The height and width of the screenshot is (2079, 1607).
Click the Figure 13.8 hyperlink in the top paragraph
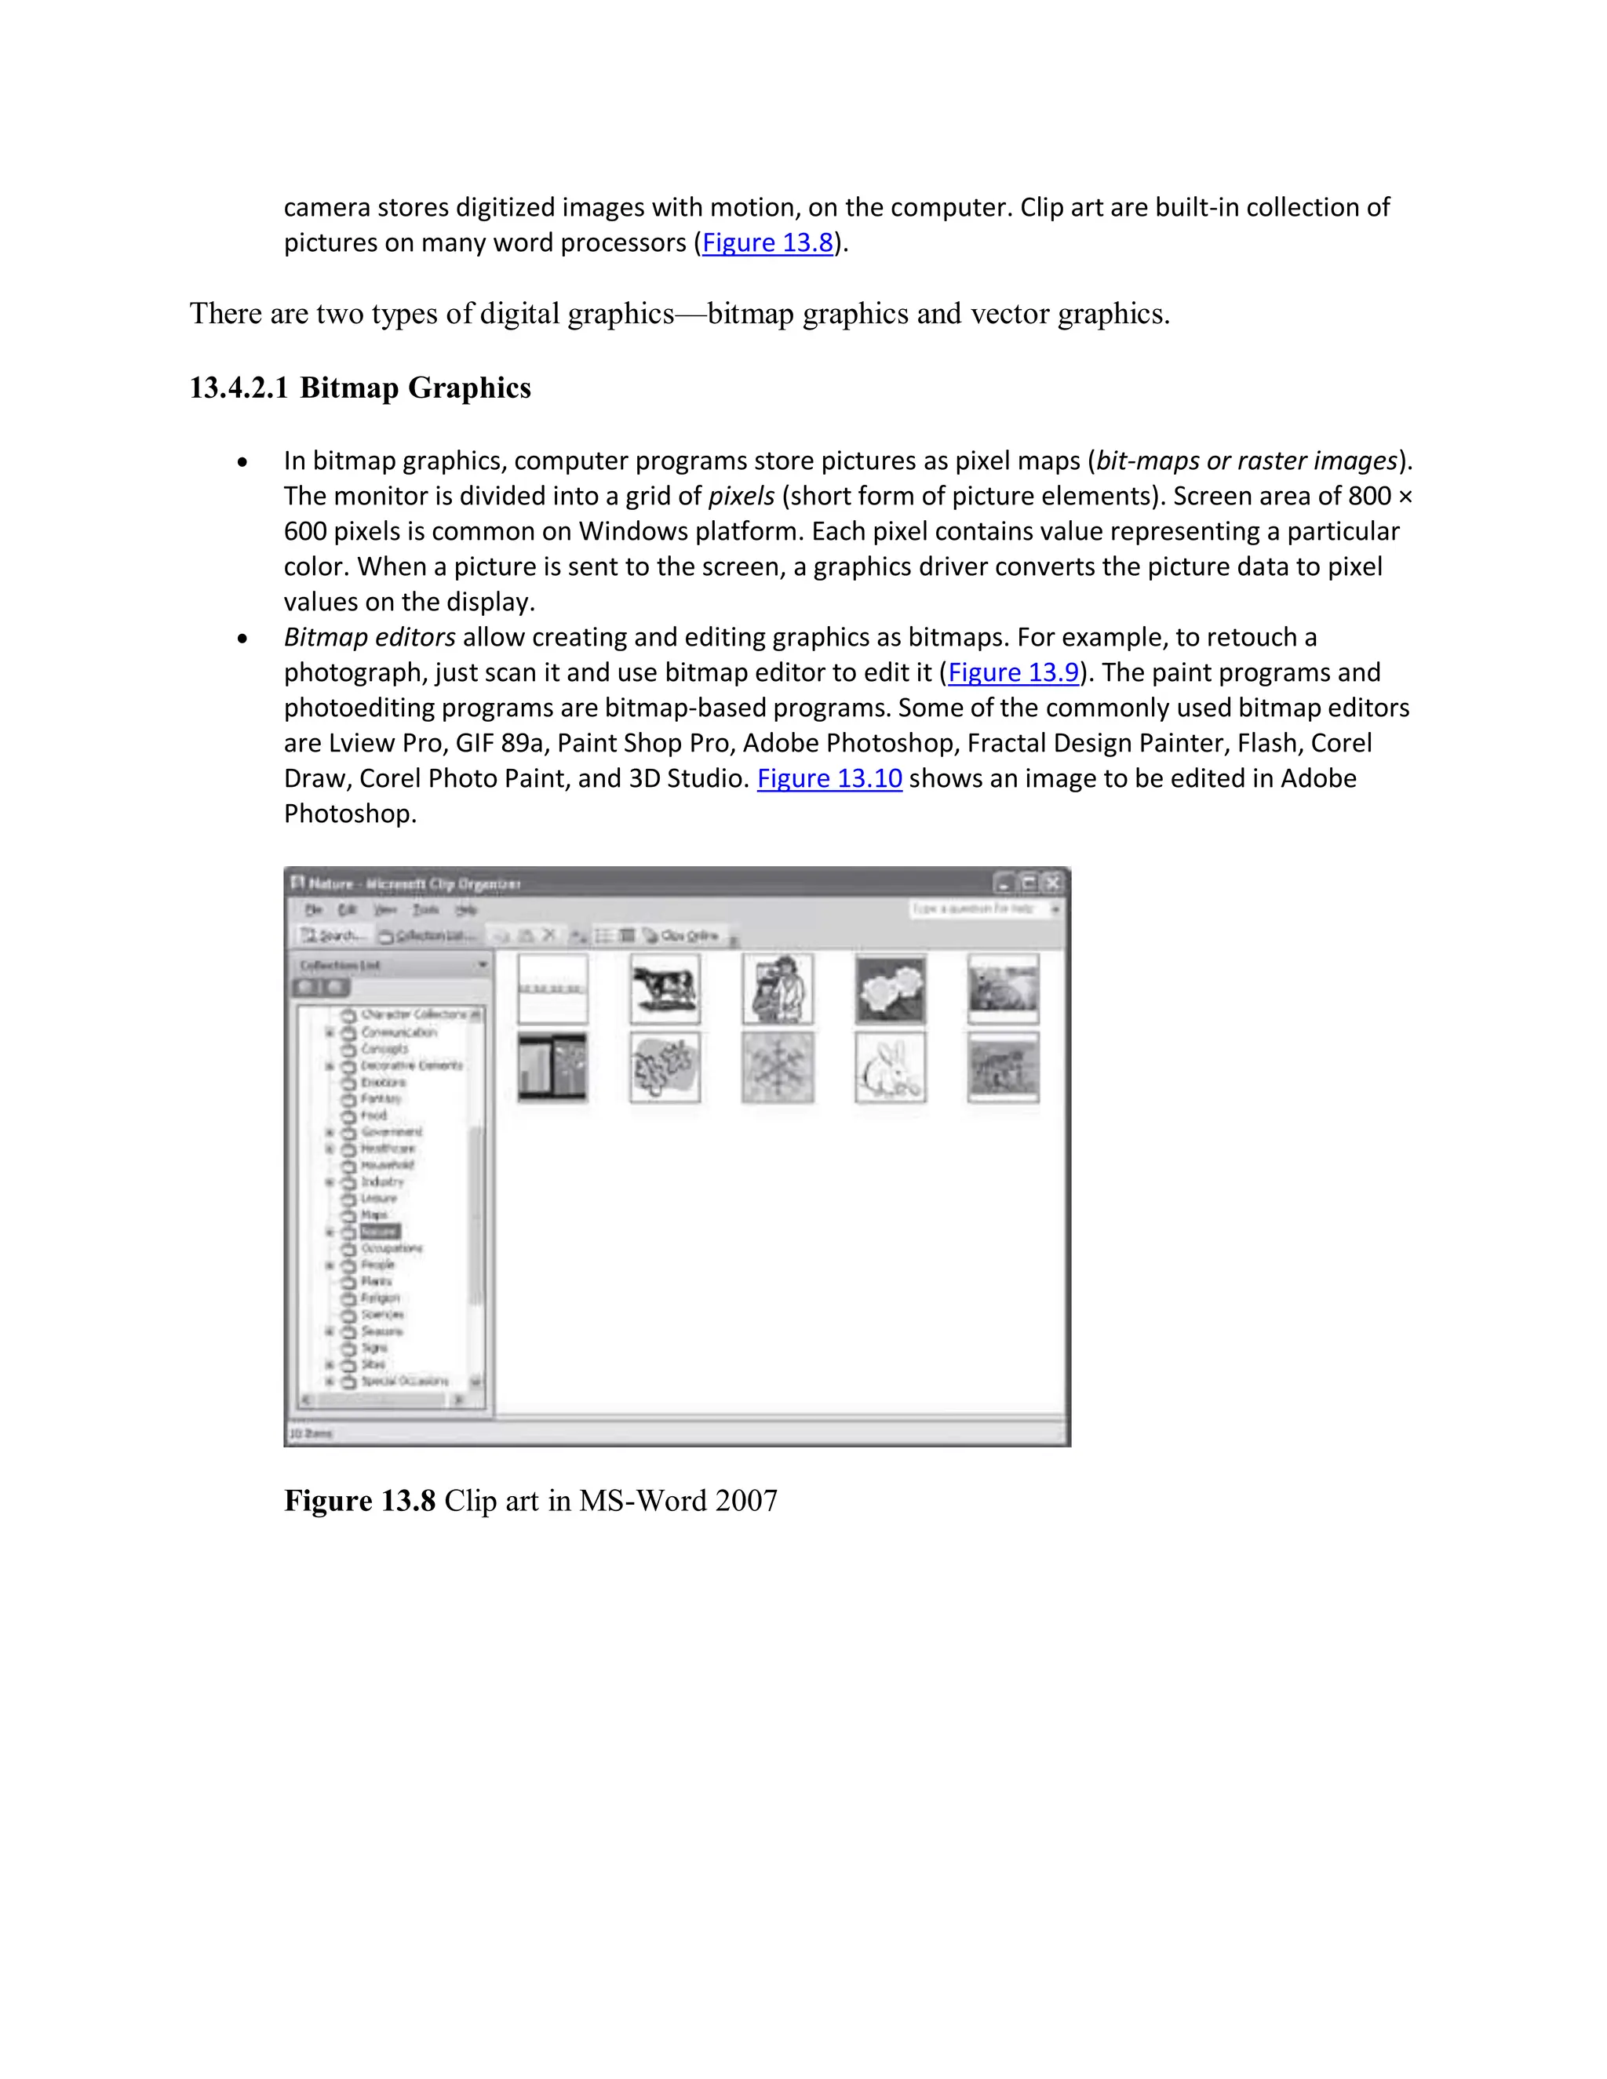(x=767, y=242)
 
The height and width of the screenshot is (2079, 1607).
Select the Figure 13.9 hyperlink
(x=1013, y=673)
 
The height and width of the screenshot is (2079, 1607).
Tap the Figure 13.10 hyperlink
(x=829, y=779)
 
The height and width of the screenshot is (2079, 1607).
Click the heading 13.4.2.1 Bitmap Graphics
(x=360, y=388)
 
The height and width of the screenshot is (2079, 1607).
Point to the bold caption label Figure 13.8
(x=359, y=1501)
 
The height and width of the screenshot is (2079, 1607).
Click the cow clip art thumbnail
(x=665, y=990)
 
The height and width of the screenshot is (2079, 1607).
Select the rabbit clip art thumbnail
(x=890, y=1068)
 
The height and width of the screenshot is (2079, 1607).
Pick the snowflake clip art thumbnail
(x=778, y=1068)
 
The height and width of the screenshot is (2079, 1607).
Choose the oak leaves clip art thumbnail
(x=665, y=1068)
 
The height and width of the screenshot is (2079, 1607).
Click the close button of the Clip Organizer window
(x=1053, y=883)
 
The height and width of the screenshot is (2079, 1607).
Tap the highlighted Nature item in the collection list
(x=379, y=1232)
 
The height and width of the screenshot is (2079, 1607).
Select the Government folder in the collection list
(x=390, y=1132)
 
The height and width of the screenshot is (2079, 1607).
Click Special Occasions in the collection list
(x=403, y=1380)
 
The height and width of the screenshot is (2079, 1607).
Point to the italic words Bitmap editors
(x=370, y=638)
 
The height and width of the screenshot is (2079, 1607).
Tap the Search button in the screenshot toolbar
(x=332, y=936)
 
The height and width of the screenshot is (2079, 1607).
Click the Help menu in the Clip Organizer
(x=465, y=910)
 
